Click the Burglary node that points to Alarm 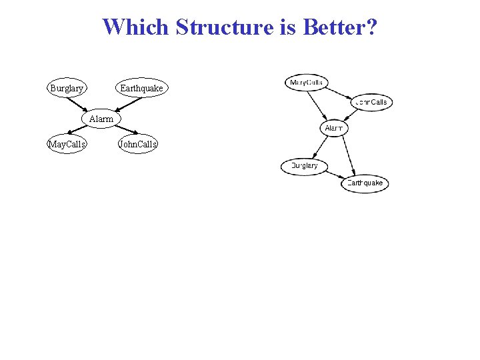[x=67, y=88]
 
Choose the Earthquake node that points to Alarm [x=141, y=88]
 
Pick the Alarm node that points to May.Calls [x=101, y=119]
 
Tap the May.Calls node [x=67, y=144]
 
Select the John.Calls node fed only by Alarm [x=137, y=144]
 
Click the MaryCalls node [x=307, y=83]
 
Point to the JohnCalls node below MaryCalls [x=371, y=102]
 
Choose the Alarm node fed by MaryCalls [x=334, y=128]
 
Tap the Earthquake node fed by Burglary [x=365, y=183]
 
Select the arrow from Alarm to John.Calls [x=120, y=131]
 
